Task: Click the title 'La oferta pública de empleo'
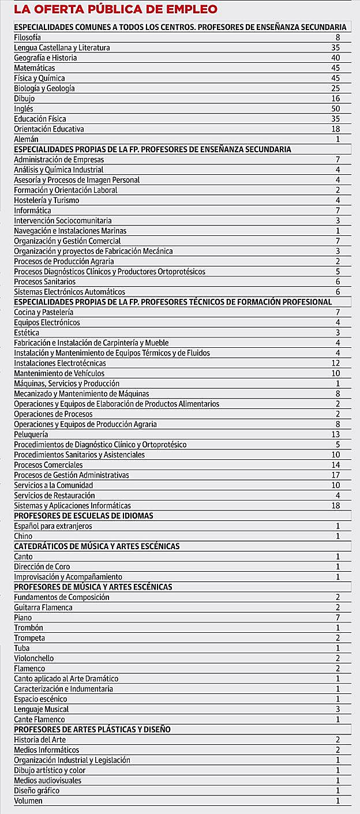pyautogui.click(x=115, y=9)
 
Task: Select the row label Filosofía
pyautogui.click(x=28, y=37)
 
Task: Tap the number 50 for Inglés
pyautogui.click(x=336, y=108)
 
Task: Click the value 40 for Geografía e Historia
pyautogui.click(x=336, y=58)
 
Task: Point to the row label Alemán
pyautogui.click(x=26, y=139)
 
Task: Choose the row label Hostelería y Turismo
pyautogui.click(x=47, y=200)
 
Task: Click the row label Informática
pyautogui.click(x=32, y=211)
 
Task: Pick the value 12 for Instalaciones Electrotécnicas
pyautogui.click(x=336, y=363)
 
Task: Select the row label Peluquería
pyautogui.click(x=31, y=434)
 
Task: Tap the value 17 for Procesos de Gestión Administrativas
pyautogui.click(x=336, y=475)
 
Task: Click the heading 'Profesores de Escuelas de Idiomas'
pyautogui.click(x=84, y=516)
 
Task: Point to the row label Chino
pyautogui.click(x=23, y=536)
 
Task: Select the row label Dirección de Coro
pyautogui.click(x=42, y=567)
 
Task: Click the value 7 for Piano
pyautogui.click(x=337, y=618)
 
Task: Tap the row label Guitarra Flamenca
pyautogui.click(x=44, y=607)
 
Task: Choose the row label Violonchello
pyautogui.click(x=34, y=658)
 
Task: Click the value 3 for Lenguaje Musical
pyautogui.click(x=337, y=709)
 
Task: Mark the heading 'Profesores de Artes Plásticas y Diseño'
pyautogui.click(x=92, y=730)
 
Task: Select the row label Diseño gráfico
pyautogui.click(x=37, y=790)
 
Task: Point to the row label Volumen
pyautogui.click(x=28, y=801)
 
